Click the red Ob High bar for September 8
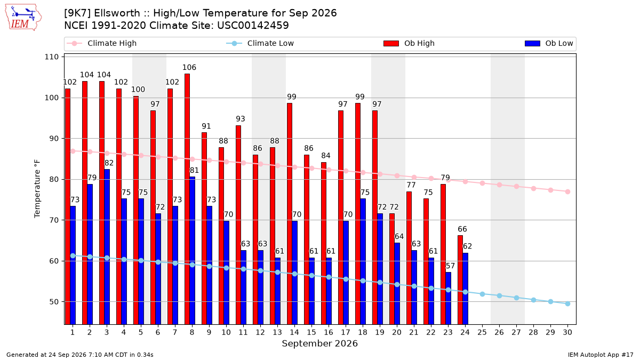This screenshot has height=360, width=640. pyautogui.click(x=187, y=199)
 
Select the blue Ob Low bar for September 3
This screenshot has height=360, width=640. pyautogui.click(x=107, y=247)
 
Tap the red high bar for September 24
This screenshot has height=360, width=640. pyautogui.click(x=460, y=280)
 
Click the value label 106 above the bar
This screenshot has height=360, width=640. pyautogui.click(x=189, y=67)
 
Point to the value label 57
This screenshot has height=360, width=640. pyautogui.click(x=450, y=266)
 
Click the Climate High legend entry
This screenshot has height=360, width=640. pyautogui.click(x=101, y=43)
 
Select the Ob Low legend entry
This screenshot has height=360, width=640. pyautogui.click(x=549, y=43)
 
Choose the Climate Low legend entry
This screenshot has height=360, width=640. pyautogui.click(x=260, y=43)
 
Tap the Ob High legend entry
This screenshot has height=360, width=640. pyautogui.click(x=409, y=43)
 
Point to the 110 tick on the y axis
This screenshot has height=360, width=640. pyautogui.click(x=51, y=57)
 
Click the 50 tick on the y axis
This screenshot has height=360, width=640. pyautogui.click(x=54, y=302)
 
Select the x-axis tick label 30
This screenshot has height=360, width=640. pyautogui.click(x=567, y=333)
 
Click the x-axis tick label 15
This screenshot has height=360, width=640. pyautogui.click(x=311, y=333)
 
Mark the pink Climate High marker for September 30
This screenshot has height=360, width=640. pyautogui.click(x=567, y=191)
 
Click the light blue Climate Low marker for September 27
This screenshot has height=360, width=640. pyautogui.click(x=516, y=298)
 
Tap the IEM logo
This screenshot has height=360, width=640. pyautogui.click(x=23, y=18)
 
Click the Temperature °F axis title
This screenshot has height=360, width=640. pyautogui.click(x=37, y=189)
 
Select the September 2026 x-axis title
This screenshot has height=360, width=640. pyautogui.click(x=319, y=343)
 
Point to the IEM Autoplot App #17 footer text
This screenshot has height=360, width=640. pyautogui.click(x=601, y=355)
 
